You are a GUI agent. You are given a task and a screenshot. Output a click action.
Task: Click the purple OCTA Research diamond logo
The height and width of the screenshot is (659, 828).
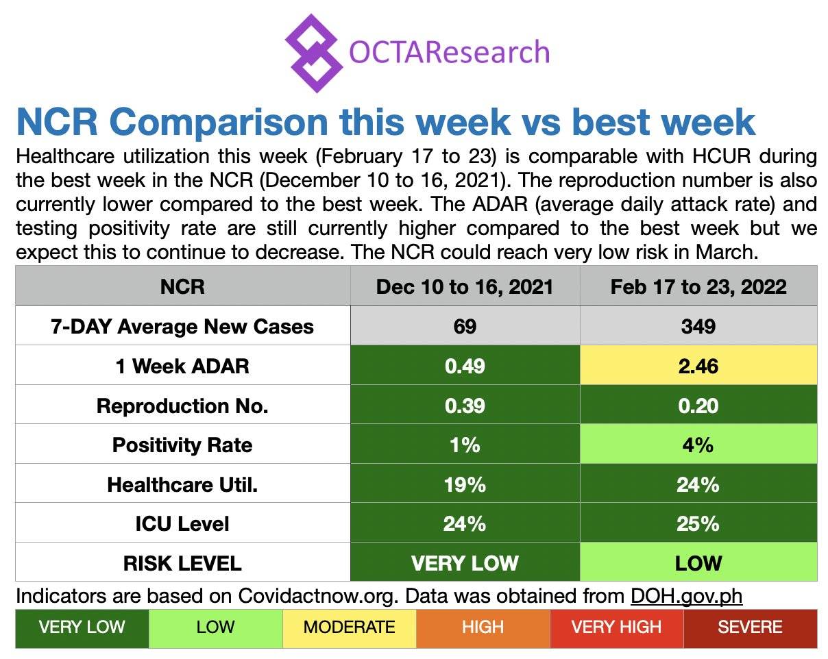[x=313, y=53]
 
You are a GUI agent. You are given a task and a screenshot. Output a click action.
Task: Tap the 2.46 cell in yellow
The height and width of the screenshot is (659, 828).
[x=698, y=366]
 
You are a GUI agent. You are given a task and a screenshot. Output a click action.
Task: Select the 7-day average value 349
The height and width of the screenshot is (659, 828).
[x=698, y=326]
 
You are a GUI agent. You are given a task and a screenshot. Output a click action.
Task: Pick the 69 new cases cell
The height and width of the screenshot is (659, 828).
[x=465, y=326]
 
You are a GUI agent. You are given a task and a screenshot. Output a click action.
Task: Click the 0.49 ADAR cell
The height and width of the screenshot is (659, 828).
[x=465, y=366]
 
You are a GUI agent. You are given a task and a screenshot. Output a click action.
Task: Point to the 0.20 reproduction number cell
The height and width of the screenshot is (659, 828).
[x=698, y=406]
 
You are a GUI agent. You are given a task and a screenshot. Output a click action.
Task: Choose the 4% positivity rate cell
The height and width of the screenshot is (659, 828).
[x=698, y=445]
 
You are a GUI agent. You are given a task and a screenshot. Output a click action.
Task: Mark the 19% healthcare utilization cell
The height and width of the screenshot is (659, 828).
[x=465, y=484]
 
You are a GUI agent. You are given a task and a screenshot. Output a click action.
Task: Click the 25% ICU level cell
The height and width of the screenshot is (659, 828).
[x=698, y=524]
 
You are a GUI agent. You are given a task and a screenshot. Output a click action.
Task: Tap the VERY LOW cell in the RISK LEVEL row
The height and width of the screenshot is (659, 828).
[x=465, y=563]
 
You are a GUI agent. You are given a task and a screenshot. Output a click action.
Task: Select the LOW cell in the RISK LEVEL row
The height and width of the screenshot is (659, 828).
[x=698, y=563]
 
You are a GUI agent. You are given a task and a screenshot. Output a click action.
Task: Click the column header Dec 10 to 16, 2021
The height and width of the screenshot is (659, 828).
[x=465, y=286]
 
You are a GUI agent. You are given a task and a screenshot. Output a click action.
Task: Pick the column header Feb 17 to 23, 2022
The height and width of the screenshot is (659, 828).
[x=698, y=286]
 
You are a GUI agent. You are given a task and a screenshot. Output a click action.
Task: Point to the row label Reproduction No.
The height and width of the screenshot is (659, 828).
[x=182, y=406]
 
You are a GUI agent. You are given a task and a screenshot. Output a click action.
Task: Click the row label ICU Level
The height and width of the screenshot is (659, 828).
[x=182, y=524]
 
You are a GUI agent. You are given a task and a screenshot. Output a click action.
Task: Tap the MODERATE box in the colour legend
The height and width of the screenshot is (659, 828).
[x=349, y=627]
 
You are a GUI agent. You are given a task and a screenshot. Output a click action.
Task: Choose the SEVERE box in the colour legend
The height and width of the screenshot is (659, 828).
[x=750, y=627]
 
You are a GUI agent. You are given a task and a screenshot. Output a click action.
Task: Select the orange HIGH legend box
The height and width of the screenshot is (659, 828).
[x=483, y=627]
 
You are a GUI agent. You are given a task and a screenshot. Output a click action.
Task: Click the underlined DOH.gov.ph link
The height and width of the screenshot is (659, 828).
[x=686, y=595]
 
